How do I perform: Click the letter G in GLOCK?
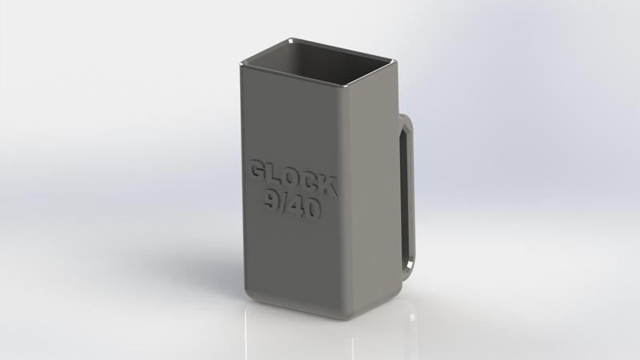[x=259, y=172]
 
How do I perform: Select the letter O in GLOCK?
[x=294, y=180]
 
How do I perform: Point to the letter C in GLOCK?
[x=311, y=185]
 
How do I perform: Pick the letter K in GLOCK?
[x=329, y=189]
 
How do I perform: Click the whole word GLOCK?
[x=294, y=180]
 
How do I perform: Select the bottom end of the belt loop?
[x=410, y=266]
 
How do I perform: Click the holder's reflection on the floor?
[x=320, y=340]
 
